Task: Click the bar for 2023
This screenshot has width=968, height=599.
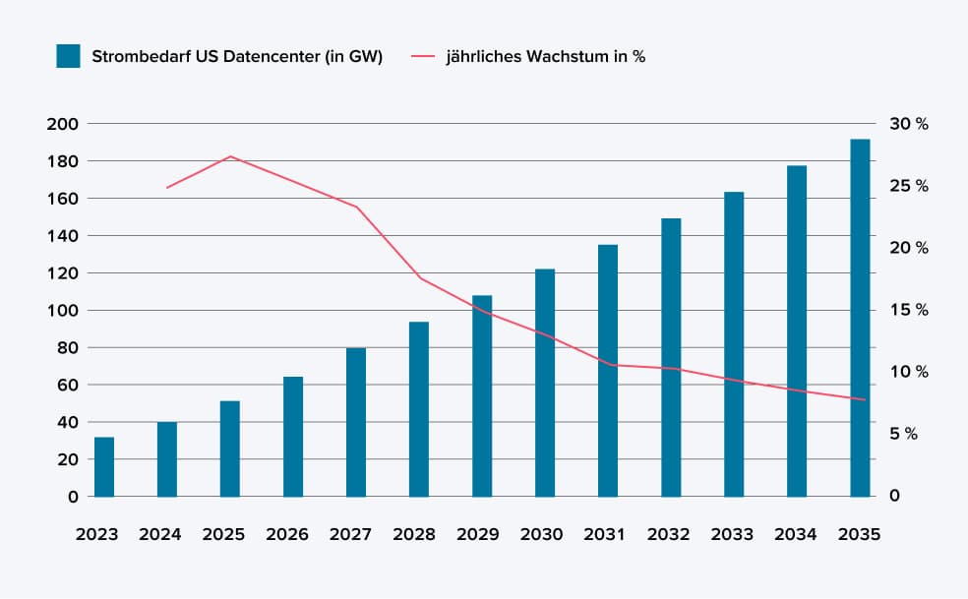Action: click(x=104, y=467)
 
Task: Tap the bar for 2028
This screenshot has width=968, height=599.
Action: click(x=419, y=409)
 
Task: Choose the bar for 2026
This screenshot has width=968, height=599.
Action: click(x=293, y=437)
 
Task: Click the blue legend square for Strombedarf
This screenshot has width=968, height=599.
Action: click(x=68, y=56)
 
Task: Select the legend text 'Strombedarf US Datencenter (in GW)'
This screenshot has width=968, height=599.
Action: click(x=237, y=56)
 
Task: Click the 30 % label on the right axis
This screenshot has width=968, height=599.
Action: click(x=908, y=124)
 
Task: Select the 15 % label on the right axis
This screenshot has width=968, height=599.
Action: click(x=908, y=310)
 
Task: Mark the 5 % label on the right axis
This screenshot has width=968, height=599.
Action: click(x=903, y=434)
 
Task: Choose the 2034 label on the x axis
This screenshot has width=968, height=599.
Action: click(x=796, y=535)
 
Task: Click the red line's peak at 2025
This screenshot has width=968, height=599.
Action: click(x=230, y=156)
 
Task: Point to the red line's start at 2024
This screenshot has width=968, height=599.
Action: click(x=167, y=187)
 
